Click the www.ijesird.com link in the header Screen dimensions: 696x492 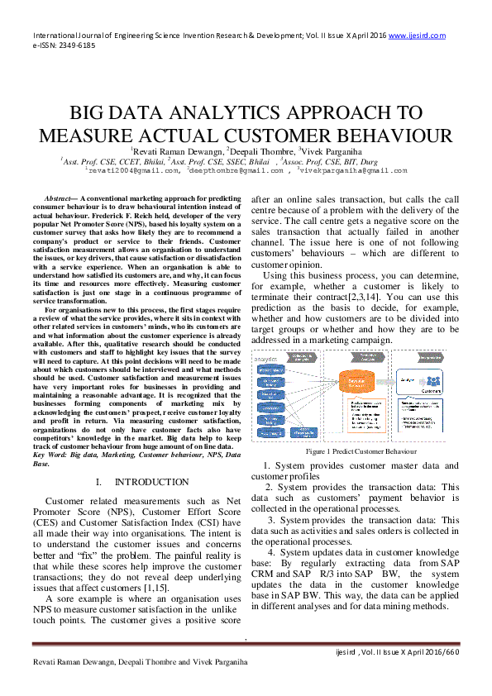[x=417, y=36]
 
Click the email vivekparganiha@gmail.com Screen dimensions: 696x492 [x=342, y=170]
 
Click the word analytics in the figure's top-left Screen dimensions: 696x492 [x=267, y=360]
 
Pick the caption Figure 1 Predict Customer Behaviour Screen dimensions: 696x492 [x=361, y=452]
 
